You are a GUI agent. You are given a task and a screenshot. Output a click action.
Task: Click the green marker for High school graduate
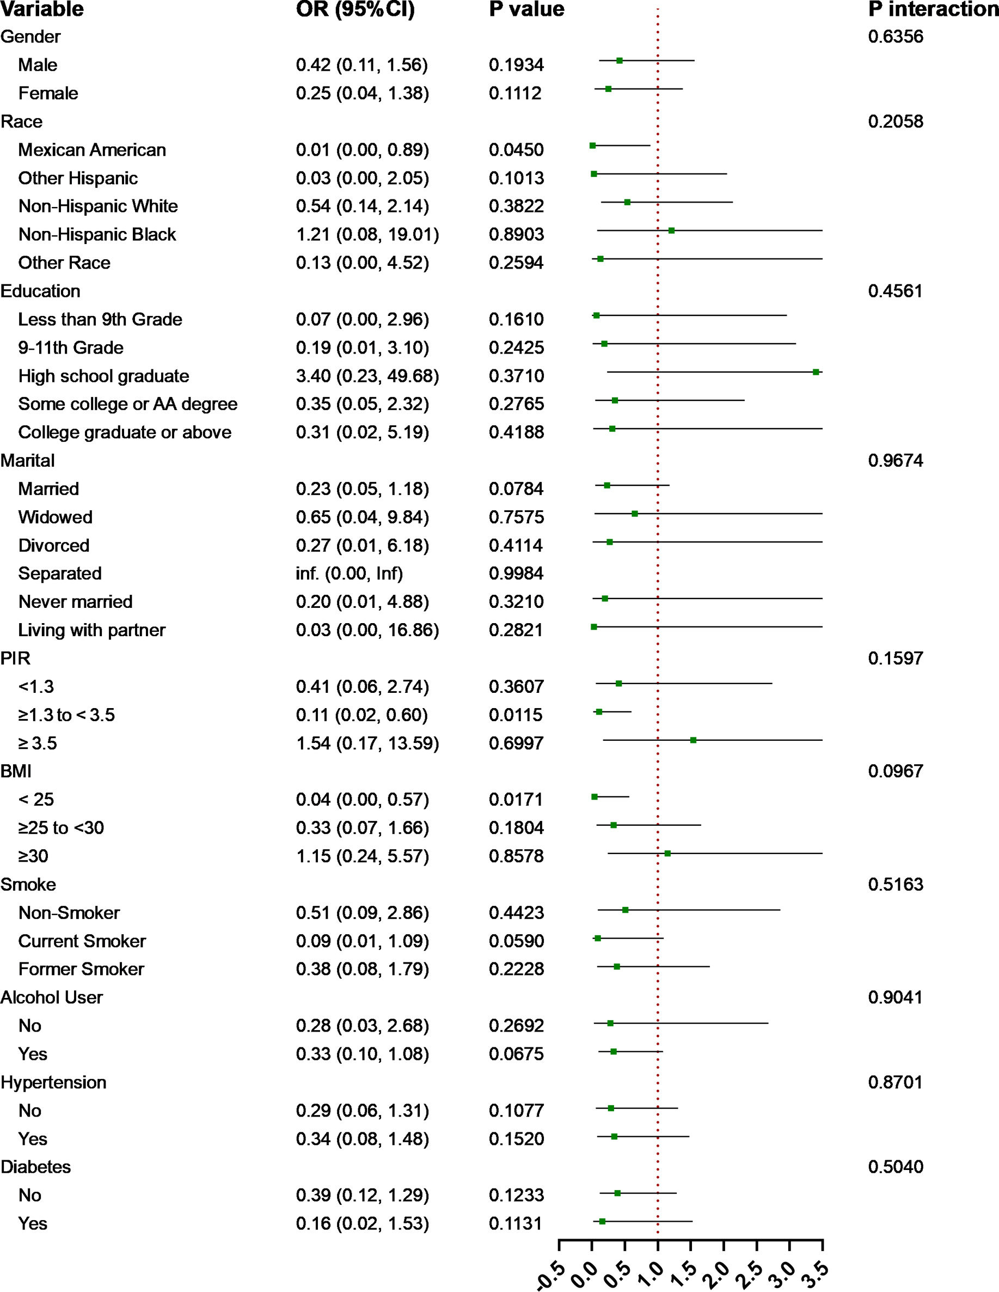pyautogui.click(x=816, y=372)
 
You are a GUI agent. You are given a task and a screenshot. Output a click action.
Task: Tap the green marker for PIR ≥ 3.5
pyautogui.click(x=694, y=740)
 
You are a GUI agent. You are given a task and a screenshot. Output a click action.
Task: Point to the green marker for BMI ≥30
pyautogui.click(x=667, y=853)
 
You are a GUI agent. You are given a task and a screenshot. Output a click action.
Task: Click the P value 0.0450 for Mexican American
pyautogui.click(x=516, y=150)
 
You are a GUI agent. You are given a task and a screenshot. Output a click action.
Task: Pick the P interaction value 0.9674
pyautogui.click(x=895, y=460)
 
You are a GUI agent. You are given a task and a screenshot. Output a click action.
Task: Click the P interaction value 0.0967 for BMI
pyautogui.click(x=895, y=771)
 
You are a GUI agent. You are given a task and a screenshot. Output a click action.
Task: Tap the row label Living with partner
pyautogui.click(x=91, y=630)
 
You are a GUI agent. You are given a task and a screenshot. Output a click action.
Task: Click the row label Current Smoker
pyautogui.click(x=82, y=941)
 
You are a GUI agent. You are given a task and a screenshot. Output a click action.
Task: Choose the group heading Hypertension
pyautogui.click(x=53, y=1082)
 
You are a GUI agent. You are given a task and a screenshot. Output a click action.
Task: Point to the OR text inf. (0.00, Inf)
pyautogui.click(x=350, y=573)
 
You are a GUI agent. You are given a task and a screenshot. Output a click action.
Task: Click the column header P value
pyautogui.click(x=526, y=9)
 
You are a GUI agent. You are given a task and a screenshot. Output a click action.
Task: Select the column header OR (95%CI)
pyautogui.click(x=356, y=9)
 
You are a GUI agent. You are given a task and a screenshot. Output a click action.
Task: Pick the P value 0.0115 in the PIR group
pyautogui.click(x=516, y=715)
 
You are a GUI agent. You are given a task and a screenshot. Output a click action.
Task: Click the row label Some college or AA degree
pyautogui.click(x=128, y=404)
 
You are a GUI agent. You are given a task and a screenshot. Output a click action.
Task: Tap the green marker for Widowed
pyautogui.click(x=634, y=514)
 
